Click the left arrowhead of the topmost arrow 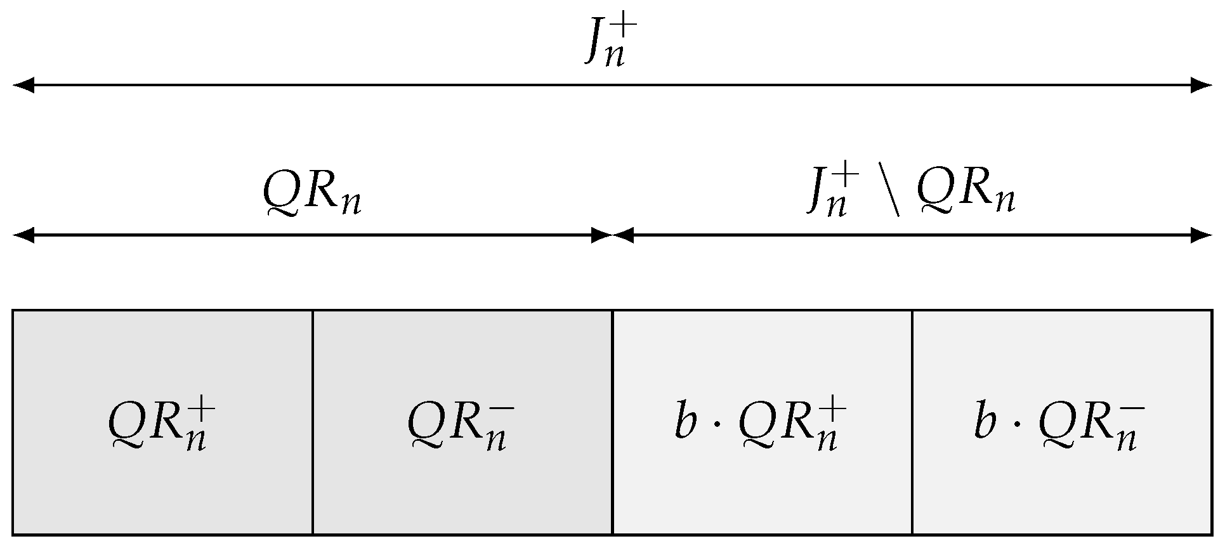tap(23, 85)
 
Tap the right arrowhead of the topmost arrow tap(1202, 85)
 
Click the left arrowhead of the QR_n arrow tap(23, 236)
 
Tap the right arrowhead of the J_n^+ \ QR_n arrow tap(1202, 236)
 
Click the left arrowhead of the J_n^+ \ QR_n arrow tap(624, 236)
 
